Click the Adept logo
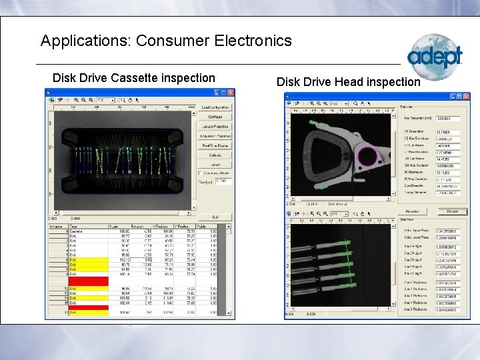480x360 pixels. pos(435,57)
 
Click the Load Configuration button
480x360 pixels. pos(215,107)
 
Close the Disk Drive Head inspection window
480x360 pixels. pos(466,97)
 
